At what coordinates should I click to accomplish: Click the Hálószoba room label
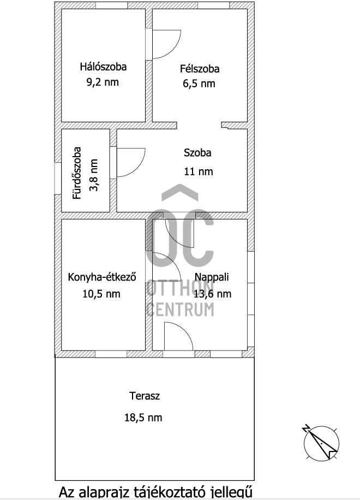(103, 67)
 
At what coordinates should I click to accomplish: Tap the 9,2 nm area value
(103, 82)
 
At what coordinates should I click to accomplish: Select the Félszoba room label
(200, 69)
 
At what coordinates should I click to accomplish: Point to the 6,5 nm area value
(199, 84)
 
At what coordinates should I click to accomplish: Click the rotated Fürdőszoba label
(77, 173)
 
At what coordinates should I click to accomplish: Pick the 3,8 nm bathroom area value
(93, 175)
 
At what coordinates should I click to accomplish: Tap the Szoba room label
(197, 153)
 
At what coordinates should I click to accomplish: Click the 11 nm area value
(199, 171)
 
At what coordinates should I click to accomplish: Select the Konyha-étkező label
(102, 277)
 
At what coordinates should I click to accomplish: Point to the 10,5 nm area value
(101, 293)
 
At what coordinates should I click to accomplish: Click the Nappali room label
(212, 277)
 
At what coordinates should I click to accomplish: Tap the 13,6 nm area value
(213, 293)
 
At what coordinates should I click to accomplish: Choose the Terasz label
(145, 396)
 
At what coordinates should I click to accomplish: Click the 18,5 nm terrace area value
(143, 418)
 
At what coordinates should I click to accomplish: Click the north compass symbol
(321, 443)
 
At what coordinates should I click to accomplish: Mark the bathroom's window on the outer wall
(58, 179)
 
